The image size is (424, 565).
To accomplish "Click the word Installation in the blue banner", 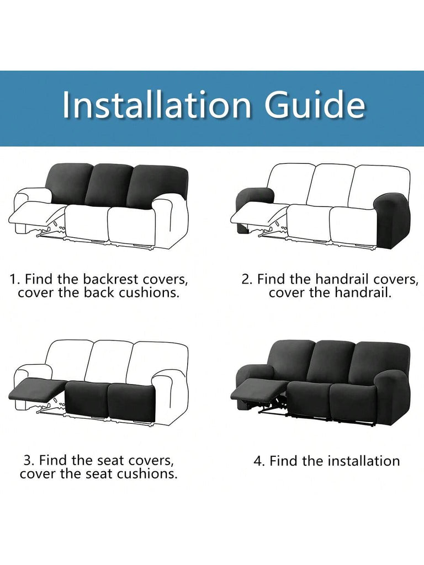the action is [156, 104].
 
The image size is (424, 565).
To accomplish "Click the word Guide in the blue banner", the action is [315, 104].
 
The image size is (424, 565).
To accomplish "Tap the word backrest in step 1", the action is [110, 279].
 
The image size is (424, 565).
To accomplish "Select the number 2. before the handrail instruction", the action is [247, 279].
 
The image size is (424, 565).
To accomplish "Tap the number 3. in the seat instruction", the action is [29, 460].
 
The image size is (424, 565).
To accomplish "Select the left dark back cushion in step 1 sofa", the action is [70, 183].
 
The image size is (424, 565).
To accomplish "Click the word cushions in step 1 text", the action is [149, 292].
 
